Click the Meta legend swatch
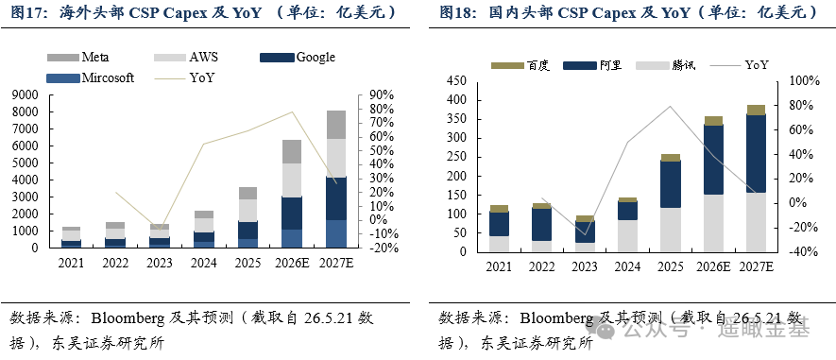point(63,58)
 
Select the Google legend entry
point(298,57)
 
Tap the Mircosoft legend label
point(107,77)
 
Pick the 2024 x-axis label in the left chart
point(204,263)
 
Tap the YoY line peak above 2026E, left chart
point(292,111)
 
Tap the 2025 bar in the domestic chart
point(670,202)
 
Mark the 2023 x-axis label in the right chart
point(585,266)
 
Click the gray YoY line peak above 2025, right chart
point(670,106)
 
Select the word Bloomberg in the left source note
point(128,318)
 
